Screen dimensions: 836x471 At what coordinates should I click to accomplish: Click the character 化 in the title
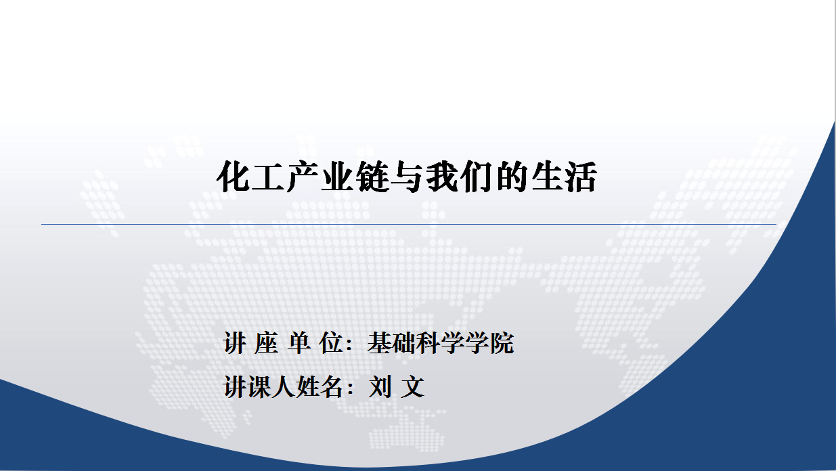point(233,177)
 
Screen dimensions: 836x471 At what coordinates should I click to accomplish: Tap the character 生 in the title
point(547,177)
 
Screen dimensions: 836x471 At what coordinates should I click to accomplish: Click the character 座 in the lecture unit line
point(267,342)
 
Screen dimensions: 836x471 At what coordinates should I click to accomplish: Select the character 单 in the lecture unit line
point(299,342)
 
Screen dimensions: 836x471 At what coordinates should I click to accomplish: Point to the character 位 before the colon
point(331,342)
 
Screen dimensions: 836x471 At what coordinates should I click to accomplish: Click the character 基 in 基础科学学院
point(380,342)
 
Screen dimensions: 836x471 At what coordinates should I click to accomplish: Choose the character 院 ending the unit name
point(502,342)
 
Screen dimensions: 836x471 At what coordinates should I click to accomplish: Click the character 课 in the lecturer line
point(259,386)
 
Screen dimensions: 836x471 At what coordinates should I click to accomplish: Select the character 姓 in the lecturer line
point(308,386)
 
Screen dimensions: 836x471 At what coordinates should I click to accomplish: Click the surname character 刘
point(380,386)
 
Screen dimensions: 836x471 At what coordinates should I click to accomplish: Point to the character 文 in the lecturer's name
point(413,386)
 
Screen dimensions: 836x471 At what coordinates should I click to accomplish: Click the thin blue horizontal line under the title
point(409,224)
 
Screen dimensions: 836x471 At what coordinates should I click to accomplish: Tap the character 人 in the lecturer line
point(284,386)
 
